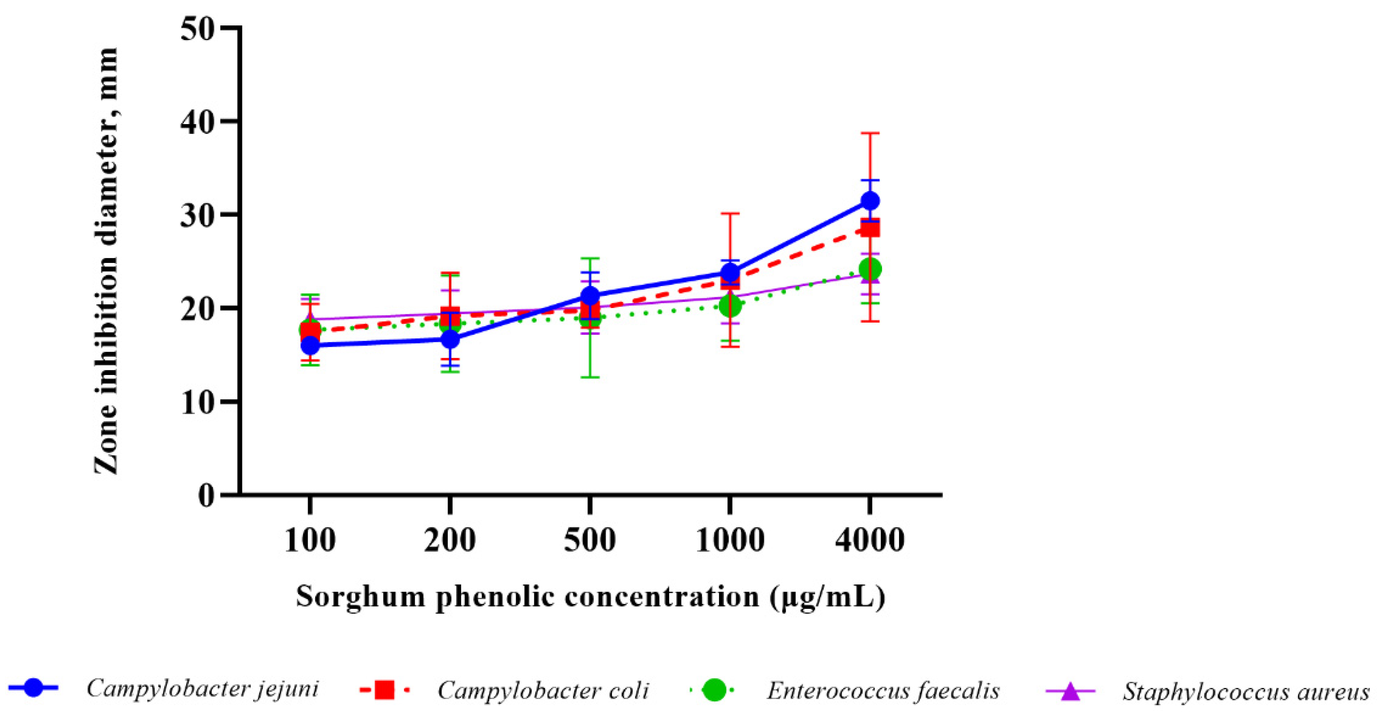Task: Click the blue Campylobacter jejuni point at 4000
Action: tap(869, 201)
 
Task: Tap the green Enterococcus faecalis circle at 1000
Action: tap(730, 306)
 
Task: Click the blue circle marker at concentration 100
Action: tap(310, 346)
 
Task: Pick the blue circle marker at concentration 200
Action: tap(449, 339)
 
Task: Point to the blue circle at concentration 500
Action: tap(590, 296)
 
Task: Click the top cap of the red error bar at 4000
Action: tap(869, 133)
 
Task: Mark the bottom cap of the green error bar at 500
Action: tap(590, 377)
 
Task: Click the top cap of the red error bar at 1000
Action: tap(730, 213)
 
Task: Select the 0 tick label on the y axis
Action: tap(206, 495)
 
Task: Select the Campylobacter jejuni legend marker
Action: tap(33, 688)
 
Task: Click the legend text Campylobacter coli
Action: tap(543, 690)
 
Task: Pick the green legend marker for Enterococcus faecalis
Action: tap(714, 690)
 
